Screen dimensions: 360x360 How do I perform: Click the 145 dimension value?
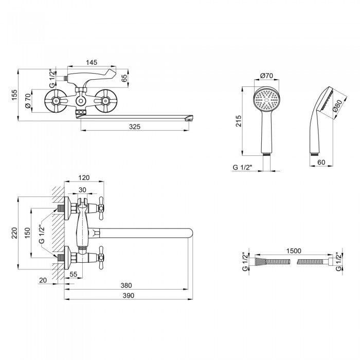(92, 62)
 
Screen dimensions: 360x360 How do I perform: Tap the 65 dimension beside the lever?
(124, 78)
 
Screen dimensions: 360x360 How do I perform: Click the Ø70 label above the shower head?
(266, 76)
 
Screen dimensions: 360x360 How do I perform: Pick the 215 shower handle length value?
(238, 121)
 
